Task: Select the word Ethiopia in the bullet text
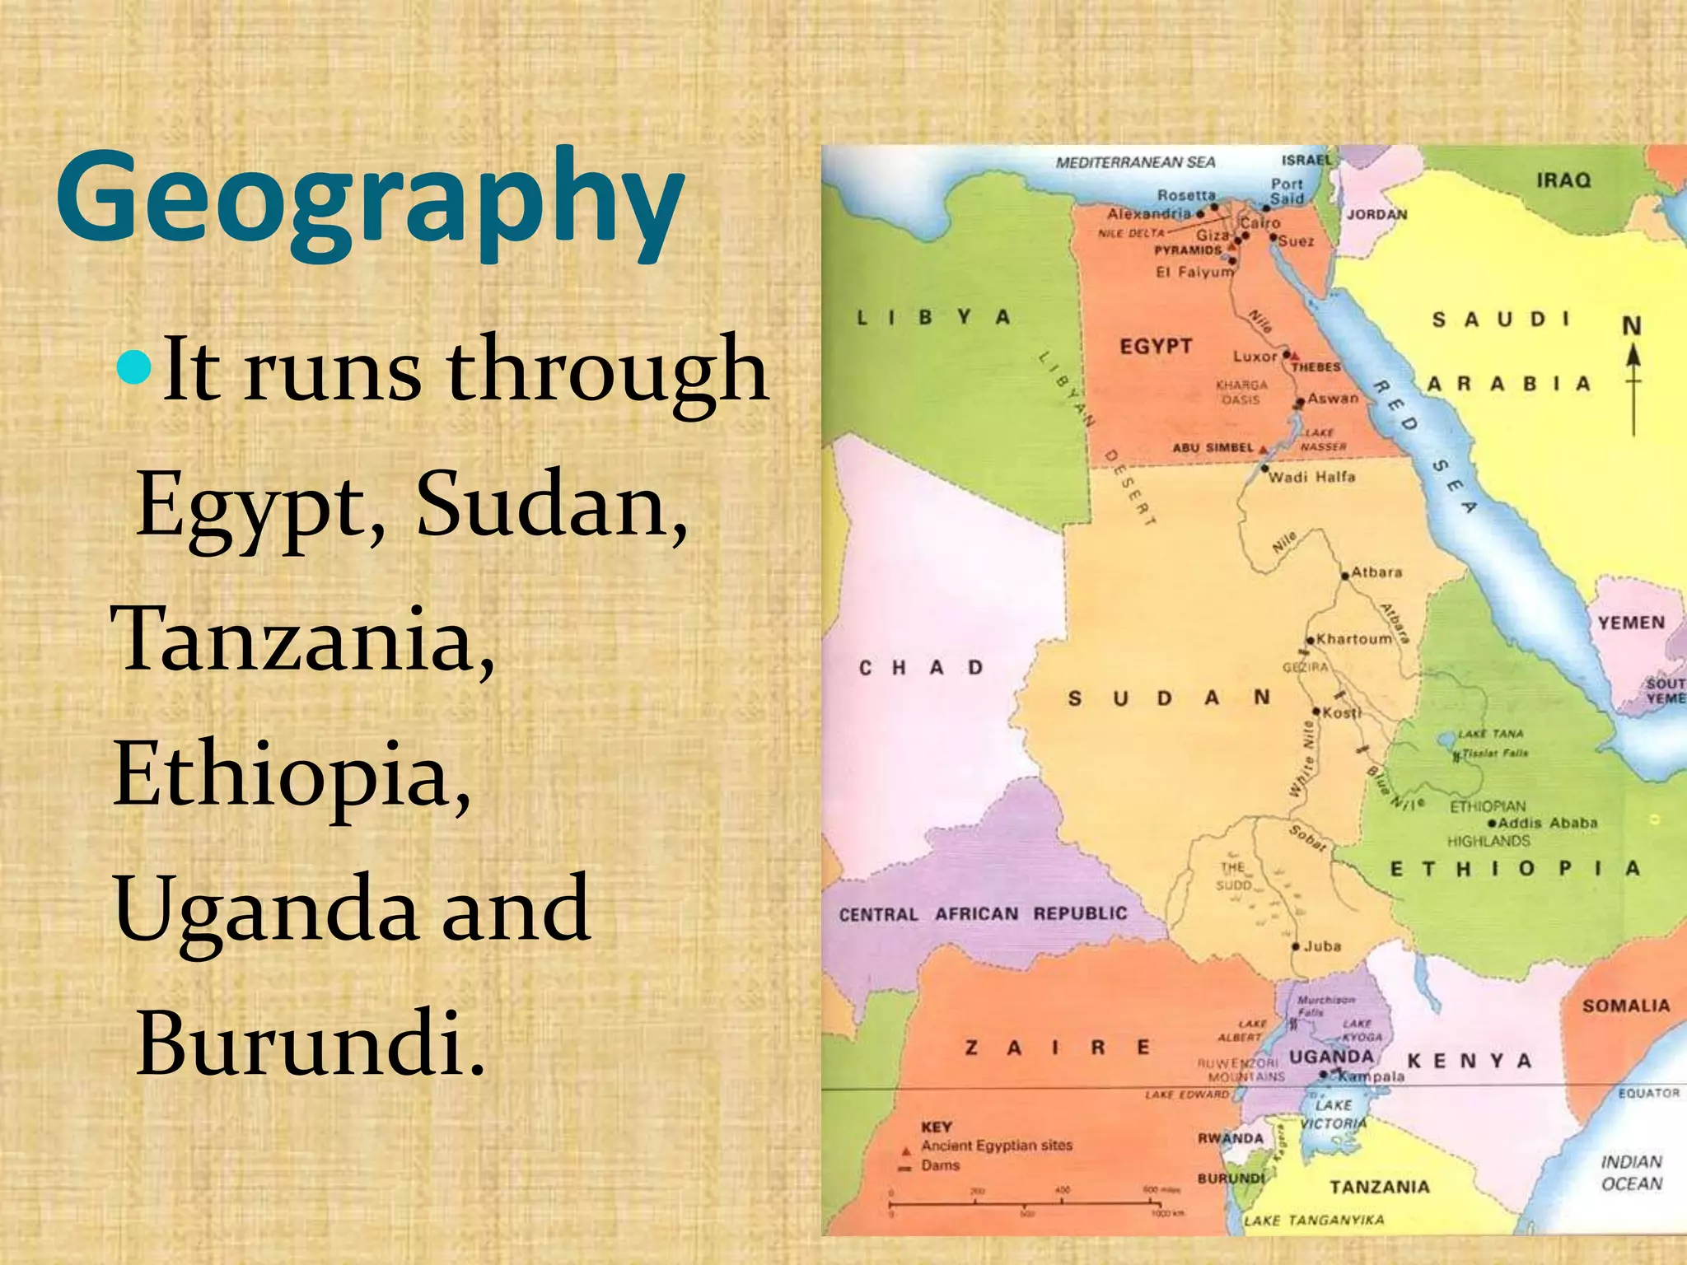point(292,773)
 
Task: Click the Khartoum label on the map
point(1354,639)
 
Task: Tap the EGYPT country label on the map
point(1156,347)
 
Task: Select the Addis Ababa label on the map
point(1547,823)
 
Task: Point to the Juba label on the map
point(1322,946)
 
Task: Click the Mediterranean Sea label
point(1135,162)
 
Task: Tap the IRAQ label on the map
point(1563,180)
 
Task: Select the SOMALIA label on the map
point(1626,1006)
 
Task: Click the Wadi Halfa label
point(1311,477)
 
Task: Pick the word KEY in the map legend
point(937,1126)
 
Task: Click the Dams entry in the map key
point(941,1165)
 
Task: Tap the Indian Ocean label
point(1632,1173)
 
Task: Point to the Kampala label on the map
point(1371,1076)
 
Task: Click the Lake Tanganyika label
point(1314,1220)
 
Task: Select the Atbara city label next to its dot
point(1376,572)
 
